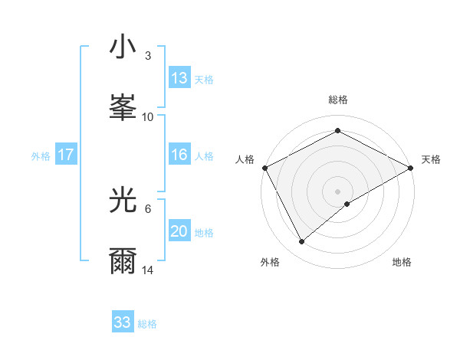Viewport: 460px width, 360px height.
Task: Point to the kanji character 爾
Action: click(x=123, y=260)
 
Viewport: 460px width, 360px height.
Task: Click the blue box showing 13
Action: click(x=179, y=78)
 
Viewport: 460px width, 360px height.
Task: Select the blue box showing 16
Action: click(x=179, y=155)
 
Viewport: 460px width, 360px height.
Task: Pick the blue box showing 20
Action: click(x=179, y=232)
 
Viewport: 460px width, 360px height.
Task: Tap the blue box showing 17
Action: click(x=66, y=155)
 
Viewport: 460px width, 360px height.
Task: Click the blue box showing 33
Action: click(x=123, y=322)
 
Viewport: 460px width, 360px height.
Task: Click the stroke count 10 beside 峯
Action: click(x=148, y=117)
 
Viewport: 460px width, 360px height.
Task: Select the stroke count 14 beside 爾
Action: click(x=148, y=271)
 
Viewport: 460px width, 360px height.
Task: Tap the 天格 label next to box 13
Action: click(x=203, y=80)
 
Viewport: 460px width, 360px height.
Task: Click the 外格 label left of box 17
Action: click(x=41, y=156)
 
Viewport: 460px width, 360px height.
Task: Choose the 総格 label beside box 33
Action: click(x=147, y=324)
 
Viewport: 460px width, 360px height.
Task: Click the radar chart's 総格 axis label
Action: click(x=338, y=100)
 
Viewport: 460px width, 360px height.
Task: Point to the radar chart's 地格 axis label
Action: click(x=402, y=262)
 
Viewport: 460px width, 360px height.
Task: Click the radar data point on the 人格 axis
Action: click(x=265, y=167)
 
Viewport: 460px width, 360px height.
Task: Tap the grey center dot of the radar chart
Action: click(x=338, y=191)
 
